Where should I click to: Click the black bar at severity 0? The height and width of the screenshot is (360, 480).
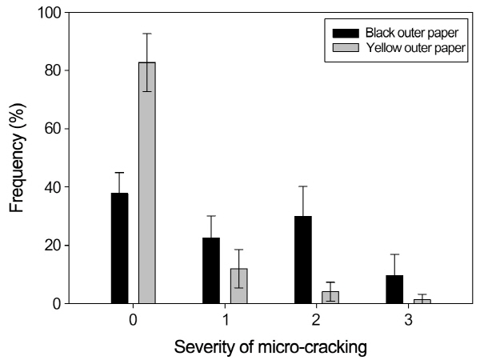tap(120, 248)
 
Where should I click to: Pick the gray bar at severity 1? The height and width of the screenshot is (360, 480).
tap(238, 286)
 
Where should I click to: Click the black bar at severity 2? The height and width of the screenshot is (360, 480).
tap(302, 260)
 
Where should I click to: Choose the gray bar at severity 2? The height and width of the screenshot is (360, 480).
tap(329, 298)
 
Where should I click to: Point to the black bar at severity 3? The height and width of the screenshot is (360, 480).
tap(394, 290)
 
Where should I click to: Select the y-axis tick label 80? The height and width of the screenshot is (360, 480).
tap(53, 70)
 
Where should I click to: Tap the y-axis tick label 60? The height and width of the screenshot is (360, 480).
tap(53, 129)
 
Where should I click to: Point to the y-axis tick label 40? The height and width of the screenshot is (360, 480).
tap(53, 187)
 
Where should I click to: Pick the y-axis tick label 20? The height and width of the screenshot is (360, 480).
tap(53, 246)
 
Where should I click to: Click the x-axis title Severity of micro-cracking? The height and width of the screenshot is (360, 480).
tap(270, 348)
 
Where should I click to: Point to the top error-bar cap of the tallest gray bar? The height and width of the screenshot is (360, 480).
tap(146, 34)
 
